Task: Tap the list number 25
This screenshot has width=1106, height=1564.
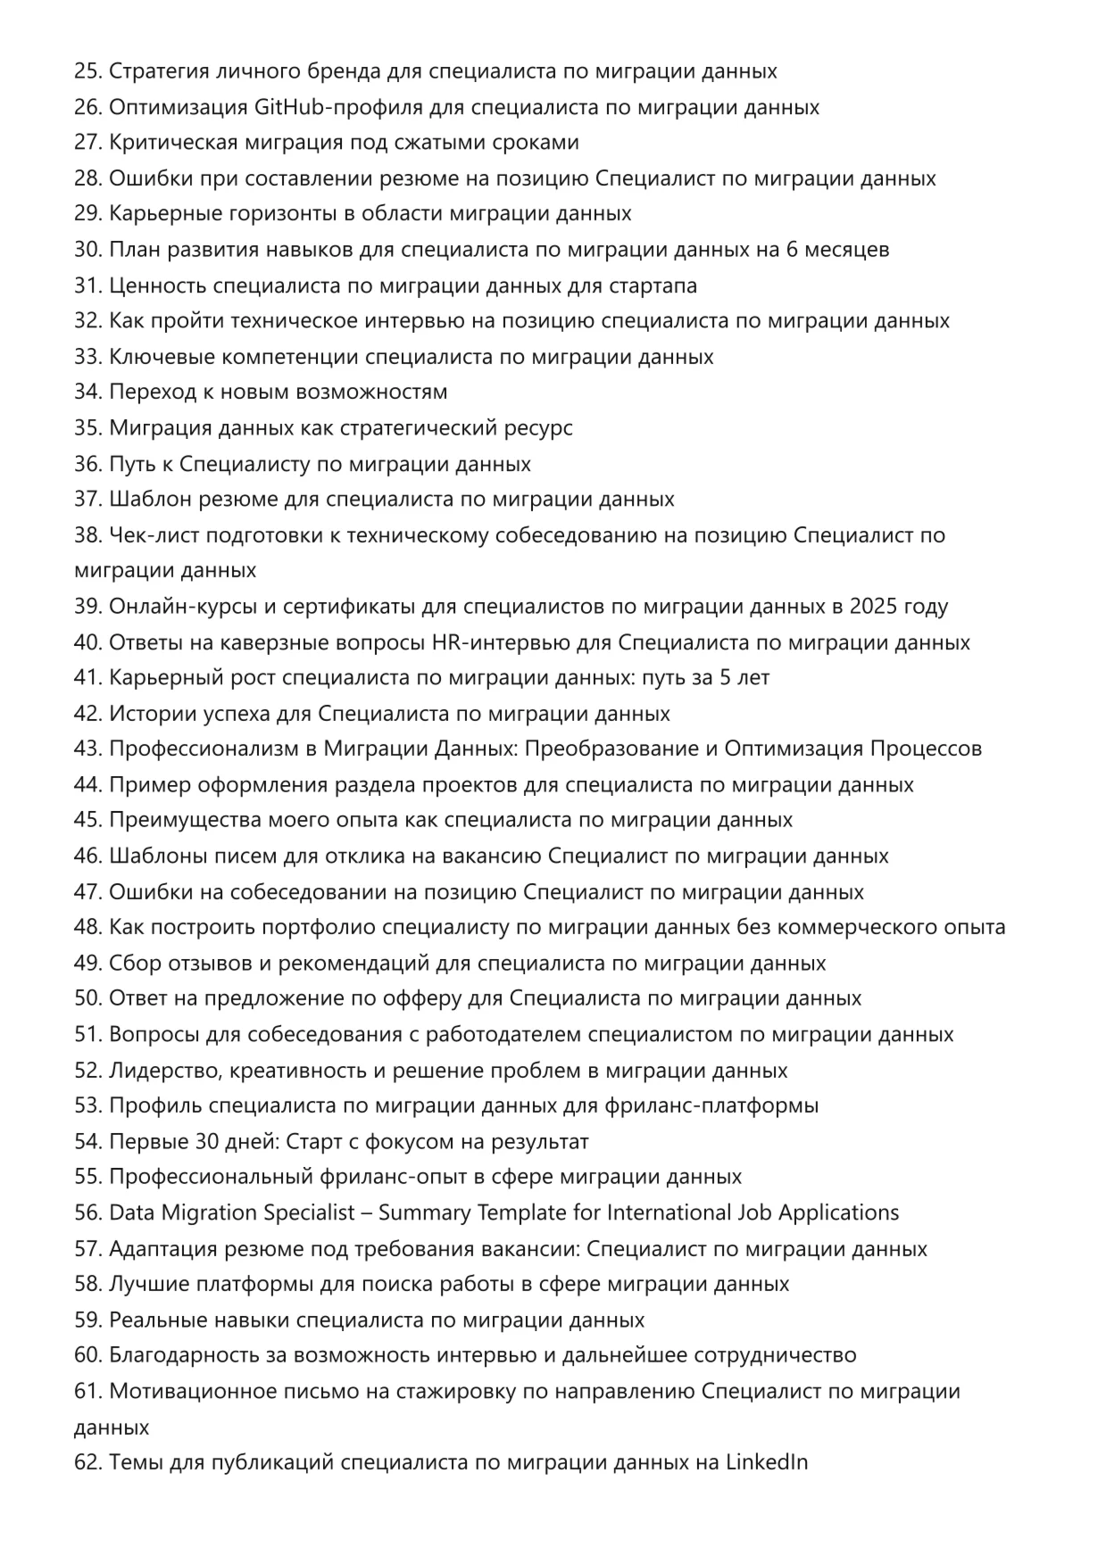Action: tap(87, 71)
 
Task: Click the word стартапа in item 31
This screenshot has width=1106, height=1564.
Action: tap(653, 285)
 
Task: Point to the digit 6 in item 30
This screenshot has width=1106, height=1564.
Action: tap(792, 250)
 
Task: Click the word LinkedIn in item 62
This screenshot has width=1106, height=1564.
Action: tap(766, 1462)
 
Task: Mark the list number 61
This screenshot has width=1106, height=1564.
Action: tap(87, 1391)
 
